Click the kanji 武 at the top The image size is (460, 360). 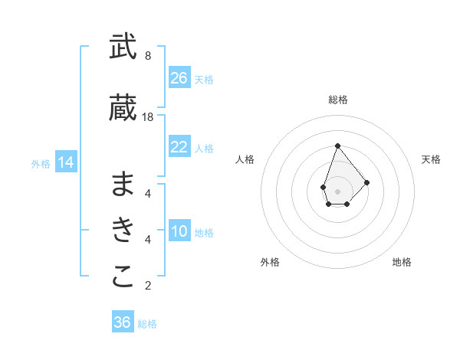click(x=123, y=47)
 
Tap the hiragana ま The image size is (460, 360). click(x=123, y=184)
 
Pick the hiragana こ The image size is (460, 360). click(x=123, y=277)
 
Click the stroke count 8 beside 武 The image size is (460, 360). click(x=147, y=56)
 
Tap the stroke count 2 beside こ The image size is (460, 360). click(x=147, y=286)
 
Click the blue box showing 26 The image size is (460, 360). click(x=179, y=78)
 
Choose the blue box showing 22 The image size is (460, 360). click(x=179, y=147)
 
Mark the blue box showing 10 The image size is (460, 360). click(x=179, y=232)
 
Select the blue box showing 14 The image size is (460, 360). click(x=66, y=162)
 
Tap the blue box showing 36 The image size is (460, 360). click(x=123, y=322)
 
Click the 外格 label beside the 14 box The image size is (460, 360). click(x=41, y=163)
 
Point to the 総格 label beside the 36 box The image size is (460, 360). click(x=147, y=324)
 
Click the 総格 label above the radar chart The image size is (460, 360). click(x=337, y=100)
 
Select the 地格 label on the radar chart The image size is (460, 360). click(x=402, y=262)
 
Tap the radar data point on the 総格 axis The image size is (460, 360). click(x=337, y=146)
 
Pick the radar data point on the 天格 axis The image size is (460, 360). click(x=367, y=182)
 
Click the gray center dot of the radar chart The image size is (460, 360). click(x=337, y=191)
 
